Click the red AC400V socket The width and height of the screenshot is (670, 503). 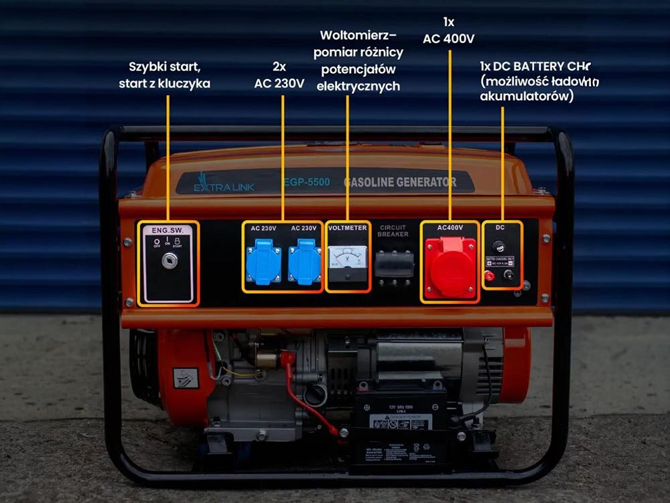coord(450,264)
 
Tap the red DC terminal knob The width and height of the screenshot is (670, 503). coord(490,276)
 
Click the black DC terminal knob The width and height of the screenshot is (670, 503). coord(509,275)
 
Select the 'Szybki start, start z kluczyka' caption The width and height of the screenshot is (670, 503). coord(165,75)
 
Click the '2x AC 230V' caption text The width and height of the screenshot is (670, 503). coord(279,75)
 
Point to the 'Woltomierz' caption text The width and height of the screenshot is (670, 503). coord(358,35)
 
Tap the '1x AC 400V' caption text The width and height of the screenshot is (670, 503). coord(449,31)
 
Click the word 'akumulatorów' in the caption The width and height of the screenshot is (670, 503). coord(527,96)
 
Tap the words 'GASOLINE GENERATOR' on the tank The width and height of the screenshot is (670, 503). coord(400,182)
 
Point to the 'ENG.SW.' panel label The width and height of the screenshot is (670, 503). coord(167,230)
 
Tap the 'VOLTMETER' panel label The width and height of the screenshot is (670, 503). coord(348,228)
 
